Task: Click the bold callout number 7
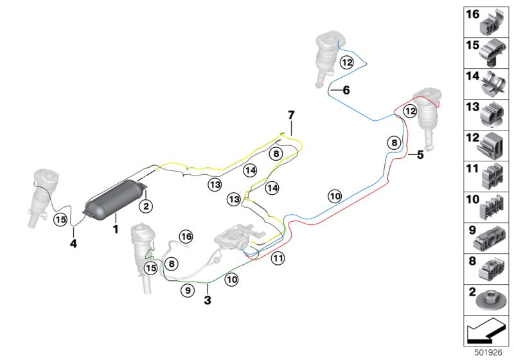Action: (290, 114)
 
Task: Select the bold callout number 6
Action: (346, 91)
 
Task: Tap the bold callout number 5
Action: (420, 155)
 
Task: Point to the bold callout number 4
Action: (73, 244)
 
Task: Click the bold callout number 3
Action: (208, 300)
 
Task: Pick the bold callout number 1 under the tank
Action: (116, 228)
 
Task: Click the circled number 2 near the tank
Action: (146, 206)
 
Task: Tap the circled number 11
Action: (277, 259)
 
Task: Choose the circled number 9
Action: (187, 291)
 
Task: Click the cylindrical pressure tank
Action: (114, 199)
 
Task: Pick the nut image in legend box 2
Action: (492, 299)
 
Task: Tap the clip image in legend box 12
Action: (493, 146)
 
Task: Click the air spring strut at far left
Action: (42, 193)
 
